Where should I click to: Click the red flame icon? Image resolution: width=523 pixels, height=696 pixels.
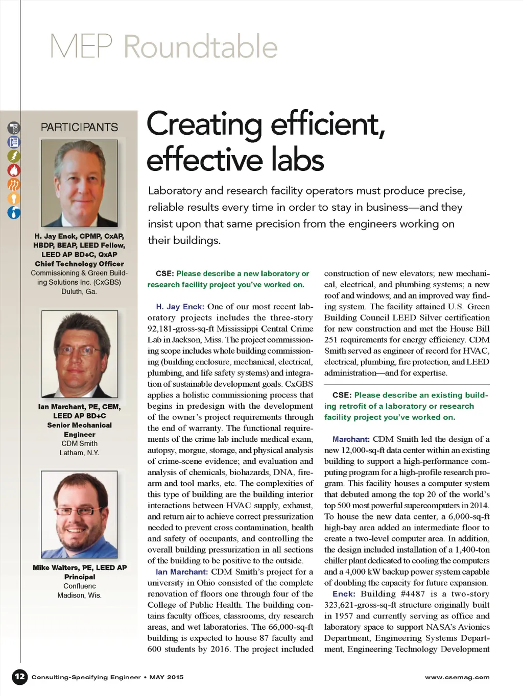14,170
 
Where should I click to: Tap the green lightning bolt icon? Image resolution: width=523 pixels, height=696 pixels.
14,156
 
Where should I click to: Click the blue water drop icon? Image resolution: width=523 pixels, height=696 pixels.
14,212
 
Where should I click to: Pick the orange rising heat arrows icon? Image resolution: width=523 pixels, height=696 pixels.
14,184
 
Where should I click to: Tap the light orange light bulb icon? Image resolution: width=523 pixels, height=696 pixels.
14,198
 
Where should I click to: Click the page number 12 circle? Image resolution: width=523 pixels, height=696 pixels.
19,677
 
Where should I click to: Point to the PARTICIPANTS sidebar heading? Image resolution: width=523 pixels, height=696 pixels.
79,127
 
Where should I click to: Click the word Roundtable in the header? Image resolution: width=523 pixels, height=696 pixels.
200,47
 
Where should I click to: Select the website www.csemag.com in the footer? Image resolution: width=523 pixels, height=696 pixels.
457,677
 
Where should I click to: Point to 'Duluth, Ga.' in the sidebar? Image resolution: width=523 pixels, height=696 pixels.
79,291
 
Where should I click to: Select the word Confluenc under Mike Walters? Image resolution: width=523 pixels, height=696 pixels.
80,586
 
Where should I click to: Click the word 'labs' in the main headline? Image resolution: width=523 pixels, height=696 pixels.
298,159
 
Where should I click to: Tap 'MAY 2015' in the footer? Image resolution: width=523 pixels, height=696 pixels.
167,677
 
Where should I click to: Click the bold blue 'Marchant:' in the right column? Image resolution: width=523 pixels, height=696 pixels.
351,439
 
